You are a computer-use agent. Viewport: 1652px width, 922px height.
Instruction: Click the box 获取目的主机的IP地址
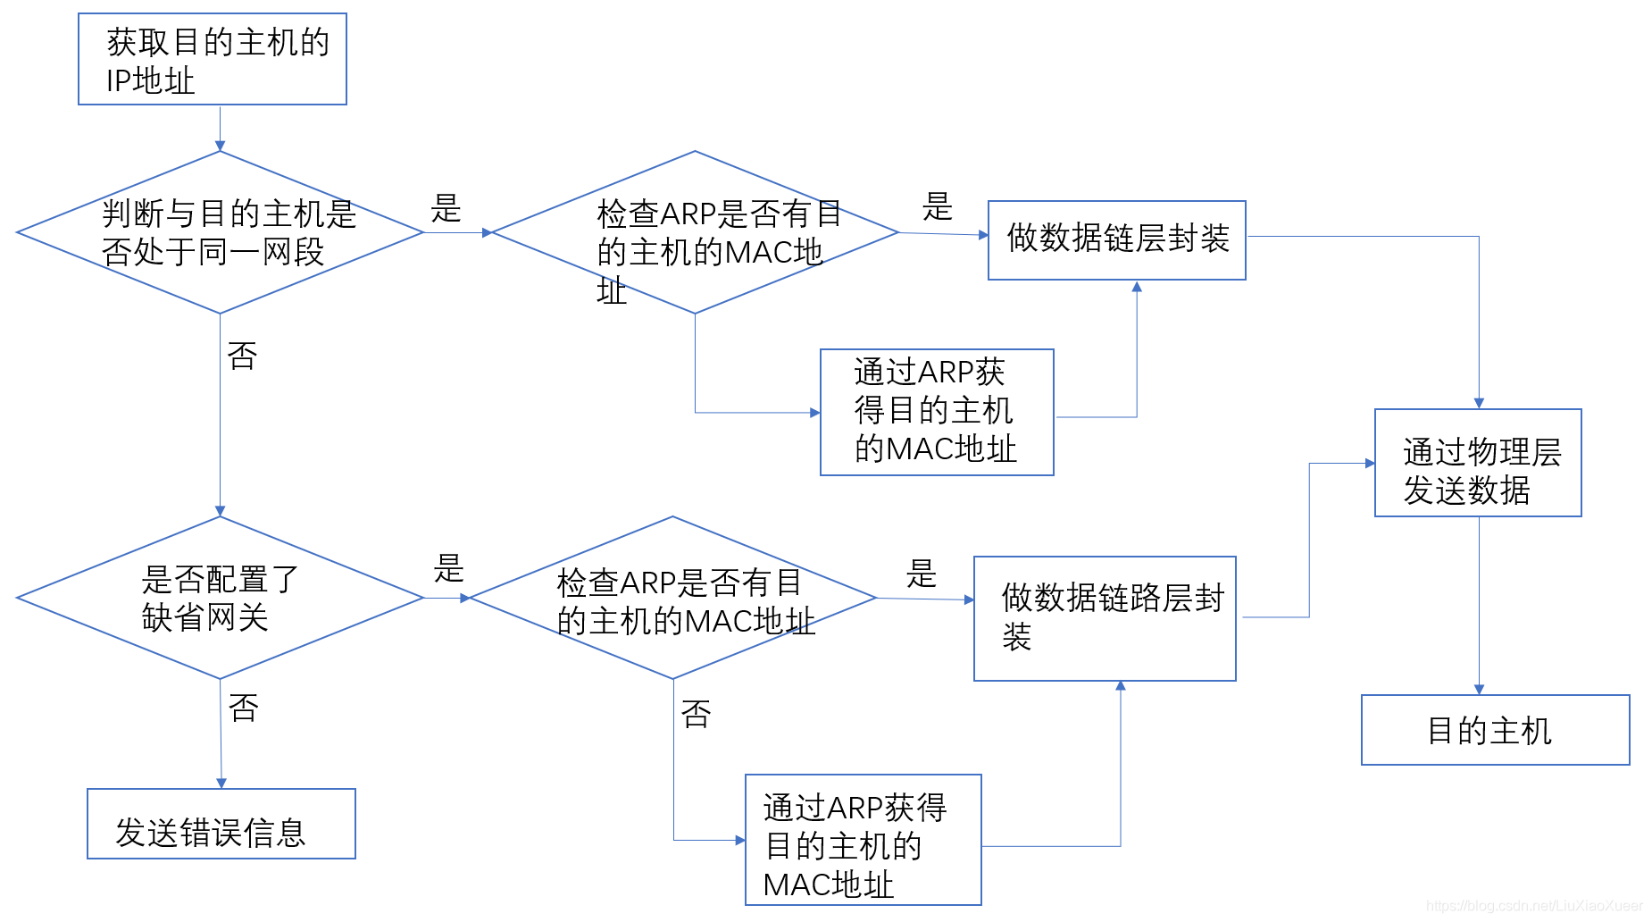[x=213, y=59]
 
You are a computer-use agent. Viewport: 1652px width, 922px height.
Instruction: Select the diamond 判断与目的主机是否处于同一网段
[x=220, y=232]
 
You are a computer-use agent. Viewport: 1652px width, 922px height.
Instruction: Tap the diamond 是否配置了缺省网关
[x=220, y=598]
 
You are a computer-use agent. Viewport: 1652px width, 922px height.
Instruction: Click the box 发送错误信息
[x=221, y=824]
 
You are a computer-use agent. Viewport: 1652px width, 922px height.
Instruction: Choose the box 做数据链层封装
[x=1116, y=239]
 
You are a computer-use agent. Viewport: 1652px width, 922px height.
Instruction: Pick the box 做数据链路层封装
[x=1105, y=618]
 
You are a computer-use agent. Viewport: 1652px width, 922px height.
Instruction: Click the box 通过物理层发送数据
[x=1478, y=463]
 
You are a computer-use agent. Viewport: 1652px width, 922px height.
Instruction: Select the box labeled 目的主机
[x=1495, y=730]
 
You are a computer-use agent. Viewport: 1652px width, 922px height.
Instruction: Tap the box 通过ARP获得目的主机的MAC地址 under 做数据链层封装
[x=937, y=412]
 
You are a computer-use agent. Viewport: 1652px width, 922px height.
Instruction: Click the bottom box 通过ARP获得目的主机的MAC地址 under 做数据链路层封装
[x=863, y=840]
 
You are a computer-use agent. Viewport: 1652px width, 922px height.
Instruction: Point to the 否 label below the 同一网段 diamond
[x=243, y=356]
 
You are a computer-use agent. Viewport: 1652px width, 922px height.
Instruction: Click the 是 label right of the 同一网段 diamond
[x=446, y=209]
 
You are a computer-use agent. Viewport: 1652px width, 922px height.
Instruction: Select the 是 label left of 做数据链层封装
[x=938, y=207]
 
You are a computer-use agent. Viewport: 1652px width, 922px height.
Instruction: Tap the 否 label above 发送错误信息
[x=244, y=708]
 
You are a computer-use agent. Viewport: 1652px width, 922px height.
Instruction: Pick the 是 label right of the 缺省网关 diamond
[x=449, y=568]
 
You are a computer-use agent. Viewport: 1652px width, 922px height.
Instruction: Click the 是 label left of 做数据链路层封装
[x=922, y=574]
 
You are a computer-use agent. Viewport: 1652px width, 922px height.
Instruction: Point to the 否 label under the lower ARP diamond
[x=697, y=714]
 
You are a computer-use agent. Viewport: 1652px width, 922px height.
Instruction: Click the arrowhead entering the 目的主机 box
[x=1479, y=690]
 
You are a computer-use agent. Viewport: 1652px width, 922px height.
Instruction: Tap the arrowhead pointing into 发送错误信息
[x=221, y=784]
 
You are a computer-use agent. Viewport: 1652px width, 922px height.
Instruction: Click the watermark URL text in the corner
[x=1533, y=906]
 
